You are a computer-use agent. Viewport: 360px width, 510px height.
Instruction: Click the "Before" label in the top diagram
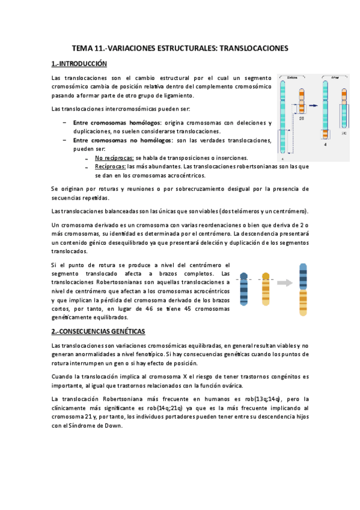tap(293, 78)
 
